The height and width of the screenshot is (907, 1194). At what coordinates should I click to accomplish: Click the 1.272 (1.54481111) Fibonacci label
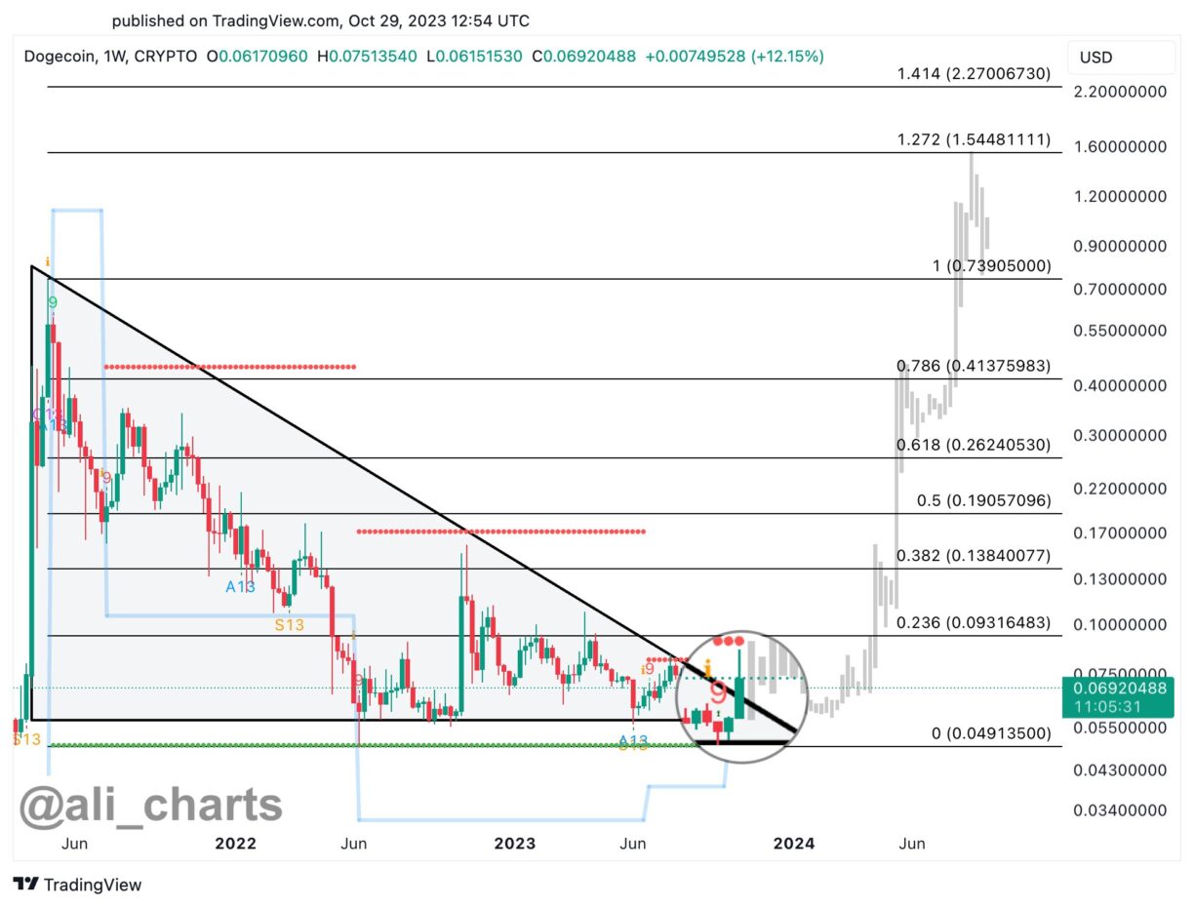pos(974,140)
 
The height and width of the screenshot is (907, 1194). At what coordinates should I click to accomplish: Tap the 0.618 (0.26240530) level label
pos(974,445)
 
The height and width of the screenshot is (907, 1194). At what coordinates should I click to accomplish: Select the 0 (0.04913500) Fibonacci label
pos(988,733)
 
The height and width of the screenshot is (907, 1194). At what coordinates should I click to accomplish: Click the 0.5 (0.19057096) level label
pos(983,500)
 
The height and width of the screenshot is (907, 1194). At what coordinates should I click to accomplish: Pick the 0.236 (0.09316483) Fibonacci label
pos(974,622)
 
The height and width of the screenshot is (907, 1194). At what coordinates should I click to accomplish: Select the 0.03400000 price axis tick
pos(1118,810)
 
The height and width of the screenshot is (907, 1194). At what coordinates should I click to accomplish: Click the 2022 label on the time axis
pos(234,843)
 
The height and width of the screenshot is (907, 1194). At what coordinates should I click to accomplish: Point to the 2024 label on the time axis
pos(794,843)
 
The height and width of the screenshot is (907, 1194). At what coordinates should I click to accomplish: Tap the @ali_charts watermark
pos(152,806)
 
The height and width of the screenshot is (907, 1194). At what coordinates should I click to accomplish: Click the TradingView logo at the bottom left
pos(78,885)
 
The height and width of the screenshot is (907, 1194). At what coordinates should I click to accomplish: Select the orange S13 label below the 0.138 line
pos(290,625)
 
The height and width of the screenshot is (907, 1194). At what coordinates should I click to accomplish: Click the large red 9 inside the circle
pos(718,693)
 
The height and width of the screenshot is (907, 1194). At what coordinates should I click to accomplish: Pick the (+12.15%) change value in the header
pos(787,57)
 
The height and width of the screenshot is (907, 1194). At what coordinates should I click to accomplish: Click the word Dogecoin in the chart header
pos(59,57)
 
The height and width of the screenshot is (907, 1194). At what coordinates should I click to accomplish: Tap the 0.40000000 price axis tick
pos(1118,385)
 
